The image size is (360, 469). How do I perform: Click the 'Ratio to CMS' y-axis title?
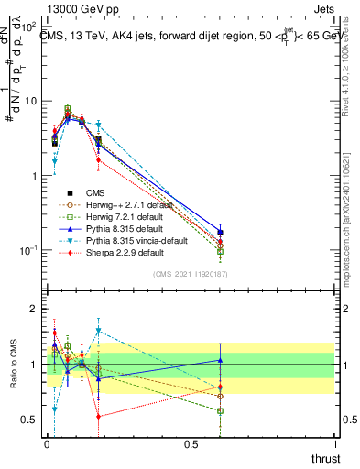click(15, 365)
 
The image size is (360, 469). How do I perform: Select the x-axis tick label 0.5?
click(191, 444)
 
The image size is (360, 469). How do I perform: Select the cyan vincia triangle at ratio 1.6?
click(98, 331)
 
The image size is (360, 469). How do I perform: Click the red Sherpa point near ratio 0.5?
click(98, 416)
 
